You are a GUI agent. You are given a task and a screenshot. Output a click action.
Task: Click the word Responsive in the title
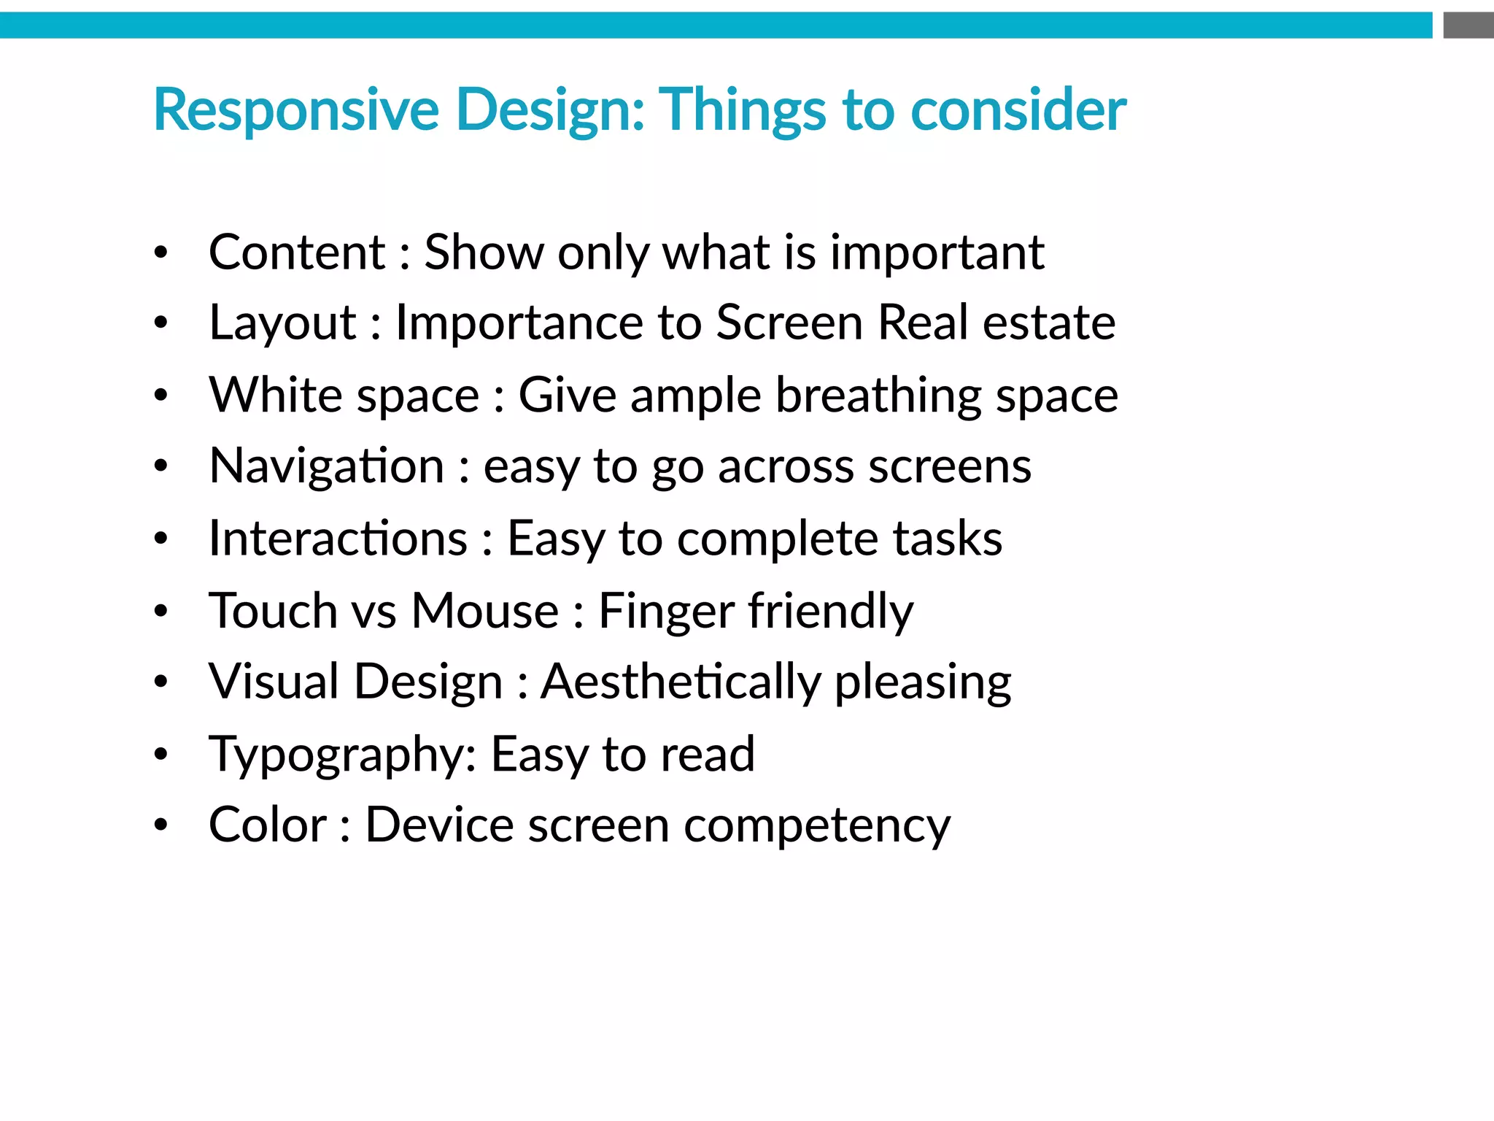(295, 111)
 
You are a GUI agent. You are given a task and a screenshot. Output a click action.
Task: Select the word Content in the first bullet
(297, 253)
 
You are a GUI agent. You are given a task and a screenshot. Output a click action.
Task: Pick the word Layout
(282, 324)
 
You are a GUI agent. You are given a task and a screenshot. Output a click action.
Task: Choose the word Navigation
(326, 467)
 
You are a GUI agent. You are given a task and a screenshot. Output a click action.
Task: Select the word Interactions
(338, 539)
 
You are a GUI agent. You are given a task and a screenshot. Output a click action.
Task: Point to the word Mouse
(484, 610)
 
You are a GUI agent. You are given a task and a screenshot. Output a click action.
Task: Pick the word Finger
(666, 612)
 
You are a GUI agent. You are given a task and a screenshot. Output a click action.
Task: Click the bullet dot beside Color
(161, 825)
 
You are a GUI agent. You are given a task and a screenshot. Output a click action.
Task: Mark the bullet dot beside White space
(161, 396)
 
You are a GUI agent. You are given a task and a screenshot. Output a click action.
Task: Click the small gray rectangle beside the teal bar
(1468, 26)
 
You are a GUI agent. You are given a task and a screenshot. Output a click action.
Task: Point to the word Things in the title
(743, 111)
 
